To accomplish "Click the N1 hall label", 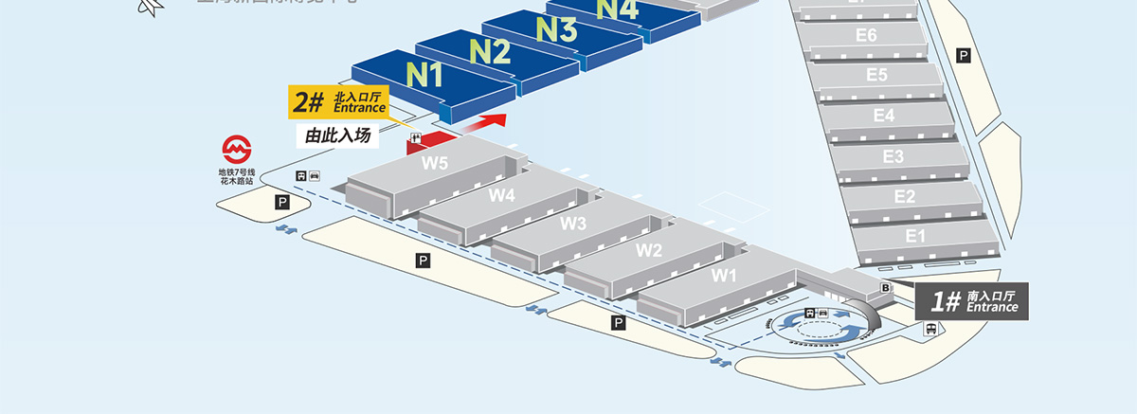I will (x=425, y=73).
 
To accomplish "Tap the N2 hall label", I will (x=491, y=50).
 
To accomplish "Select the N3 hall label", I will (x=556, y=29).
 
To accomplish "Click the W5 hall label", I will (x=435, y=162).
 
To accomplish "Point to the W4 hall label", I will (x=502, y=195).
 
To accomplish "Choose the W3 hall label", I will (x=573, y=224).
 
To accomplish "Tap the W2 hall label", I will (x=648, y=250).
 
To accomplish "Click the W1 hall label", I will (x=724, y=276).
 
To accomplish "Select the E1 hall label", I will (x=915, y=236).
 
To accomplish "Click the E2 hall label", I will (x=905, y=196).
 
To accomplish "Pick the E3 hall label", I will (x=893, y=155).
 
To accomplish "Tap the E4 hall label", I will (x=884, y=115).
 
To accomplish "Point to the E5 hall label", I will (x=876, y=74).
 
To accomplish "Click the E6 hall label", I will (x=866, y=35).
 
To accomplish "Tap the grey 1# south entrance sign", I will (x=973, y=302).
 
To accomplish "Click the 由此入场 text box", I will (x=336, y=136).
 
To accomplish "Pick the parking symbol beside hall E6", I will (x=964, y=56).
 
